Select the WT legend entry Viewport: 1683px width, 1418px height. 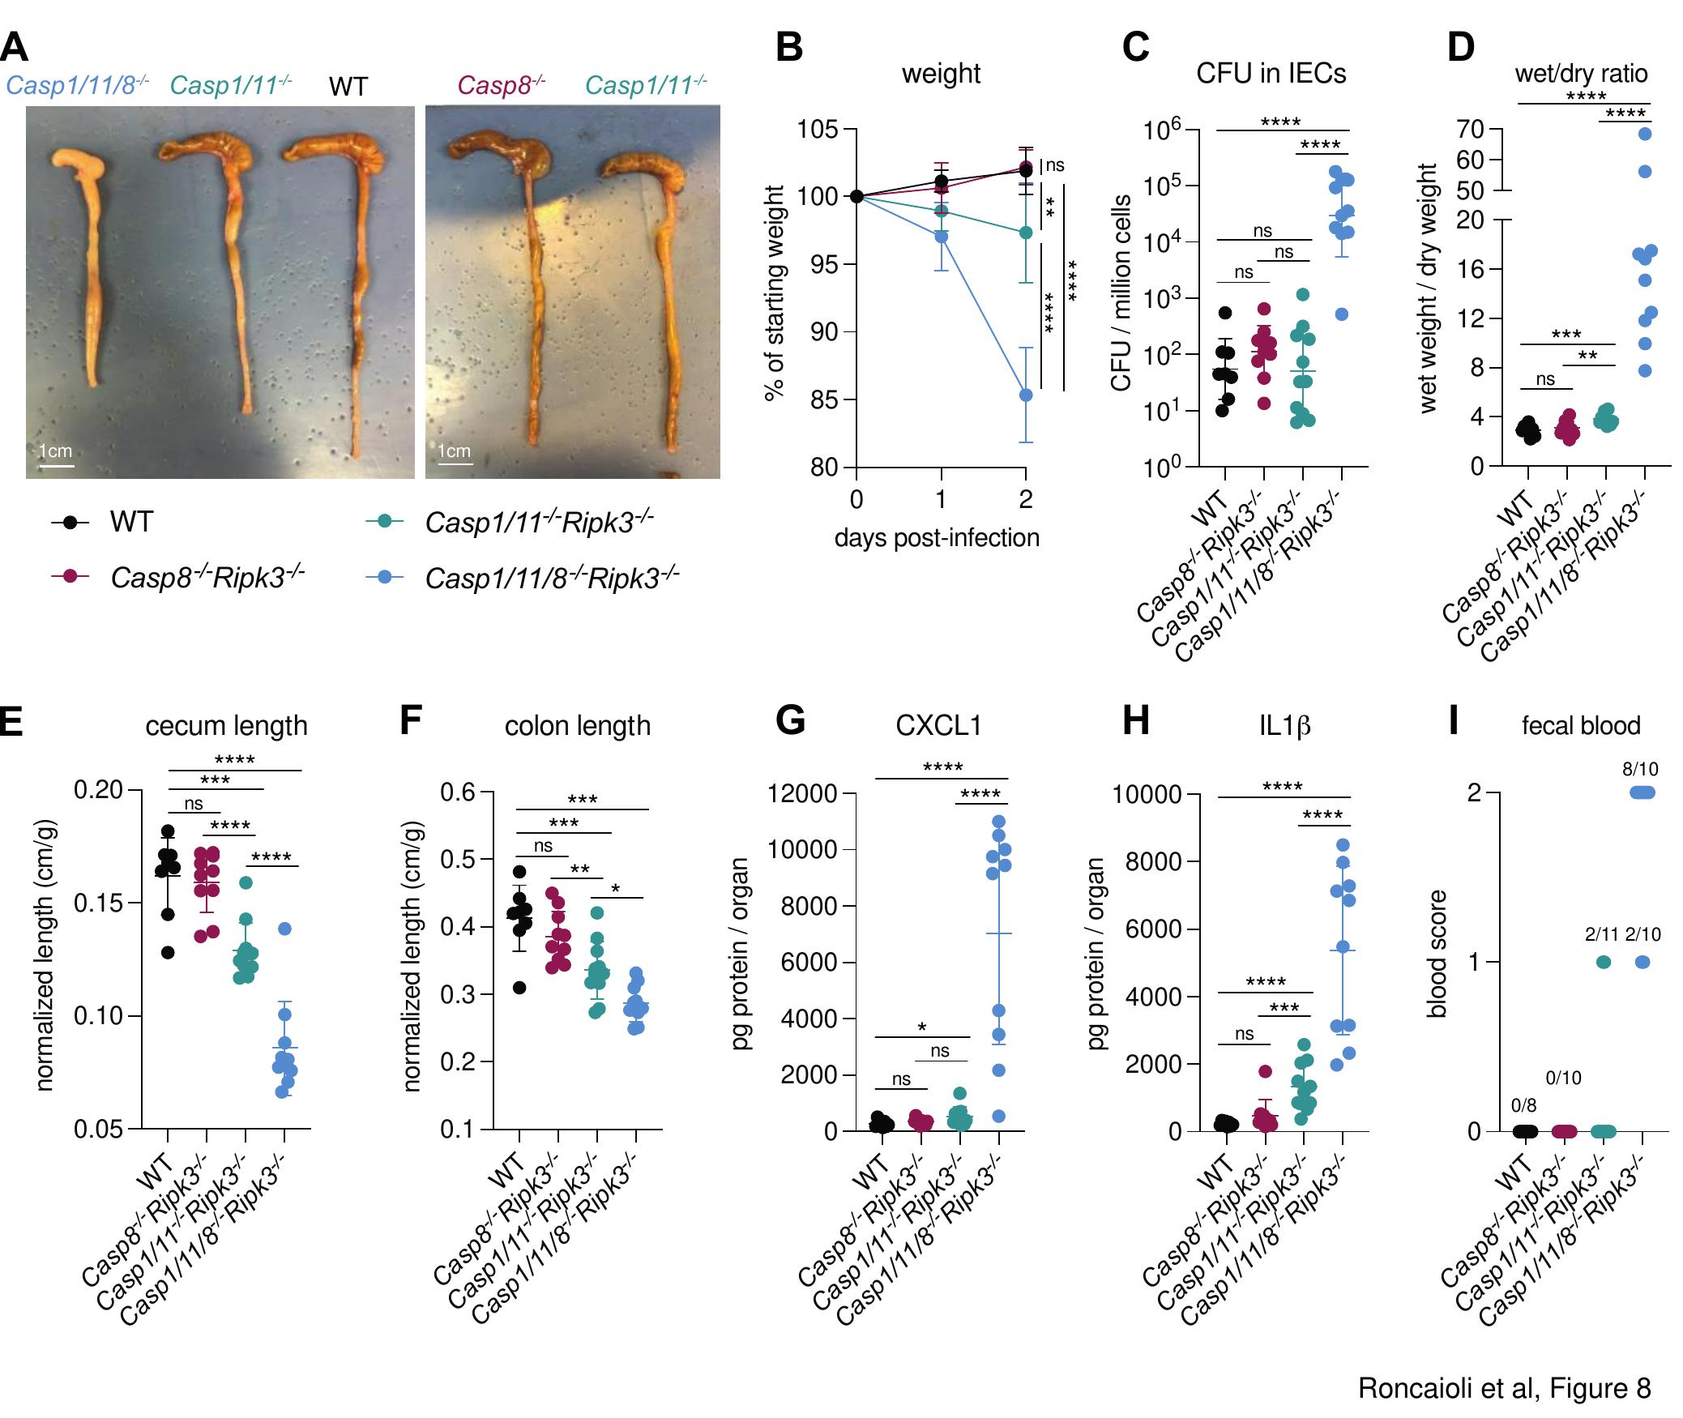tap(130, 522)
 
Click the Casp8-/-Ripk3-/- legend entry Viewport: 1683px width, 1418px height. tap(207, 577)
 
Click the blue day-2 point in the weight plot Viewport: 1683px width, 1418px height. tap(1026, 395)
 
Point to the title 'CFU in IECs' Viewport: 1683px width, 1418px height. tap(1271, 74)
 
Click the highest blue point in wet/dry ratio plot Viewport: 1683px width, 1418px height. tap(1645, 135)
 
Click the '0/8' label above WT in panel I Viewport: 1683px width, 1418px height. tap(1523, 1105)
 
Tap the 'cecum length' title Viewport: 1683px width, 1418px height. tap(226, 725)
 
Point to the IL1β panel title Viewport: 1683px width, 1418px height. tap(1284, 725)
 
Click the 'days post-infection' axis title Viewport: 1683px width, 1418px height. tap(937, 538)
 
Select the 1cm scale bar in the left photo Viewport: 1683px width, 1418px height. tap(56, 465)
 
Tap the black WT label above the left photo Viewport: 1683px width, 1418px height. tap(348, 87)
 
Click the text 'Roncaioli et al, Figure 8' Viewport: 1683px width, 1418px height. tap(1504, 1388)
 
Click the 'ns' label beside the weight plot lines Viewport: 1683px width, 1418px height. tap(1054, 165)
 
